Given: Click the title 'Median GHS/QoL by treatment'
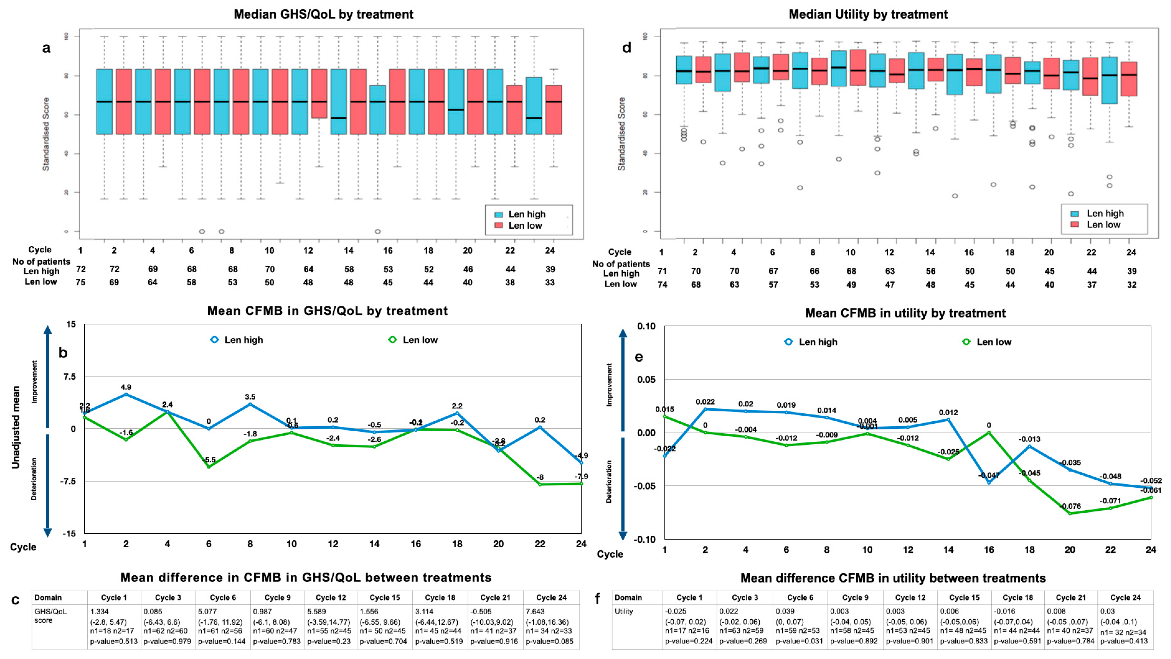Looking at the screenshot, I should point(323,14).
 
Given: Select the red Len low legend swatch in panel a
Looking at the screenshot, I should point(499,225).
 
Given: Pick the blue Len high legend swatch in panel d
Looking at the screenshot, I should point(1075,214).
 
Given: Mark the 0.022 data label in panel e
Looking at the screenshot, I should point(705,402).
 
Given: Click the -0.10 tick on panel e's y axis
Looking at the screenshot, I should point(646,539).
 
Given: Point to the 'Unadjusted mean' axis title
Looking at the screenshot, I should point(16,427).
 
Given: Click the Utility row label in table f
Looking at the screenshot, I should point(624,611).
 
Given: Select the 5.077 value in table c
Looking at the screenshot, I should point(207,611).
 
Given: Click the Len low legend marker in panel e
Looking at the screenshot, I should point(966,342).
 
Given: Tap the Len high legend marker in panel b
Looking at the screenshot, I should point(214,339).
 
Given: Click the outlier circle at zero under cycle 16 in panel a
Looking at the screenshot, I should point(377,231).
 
